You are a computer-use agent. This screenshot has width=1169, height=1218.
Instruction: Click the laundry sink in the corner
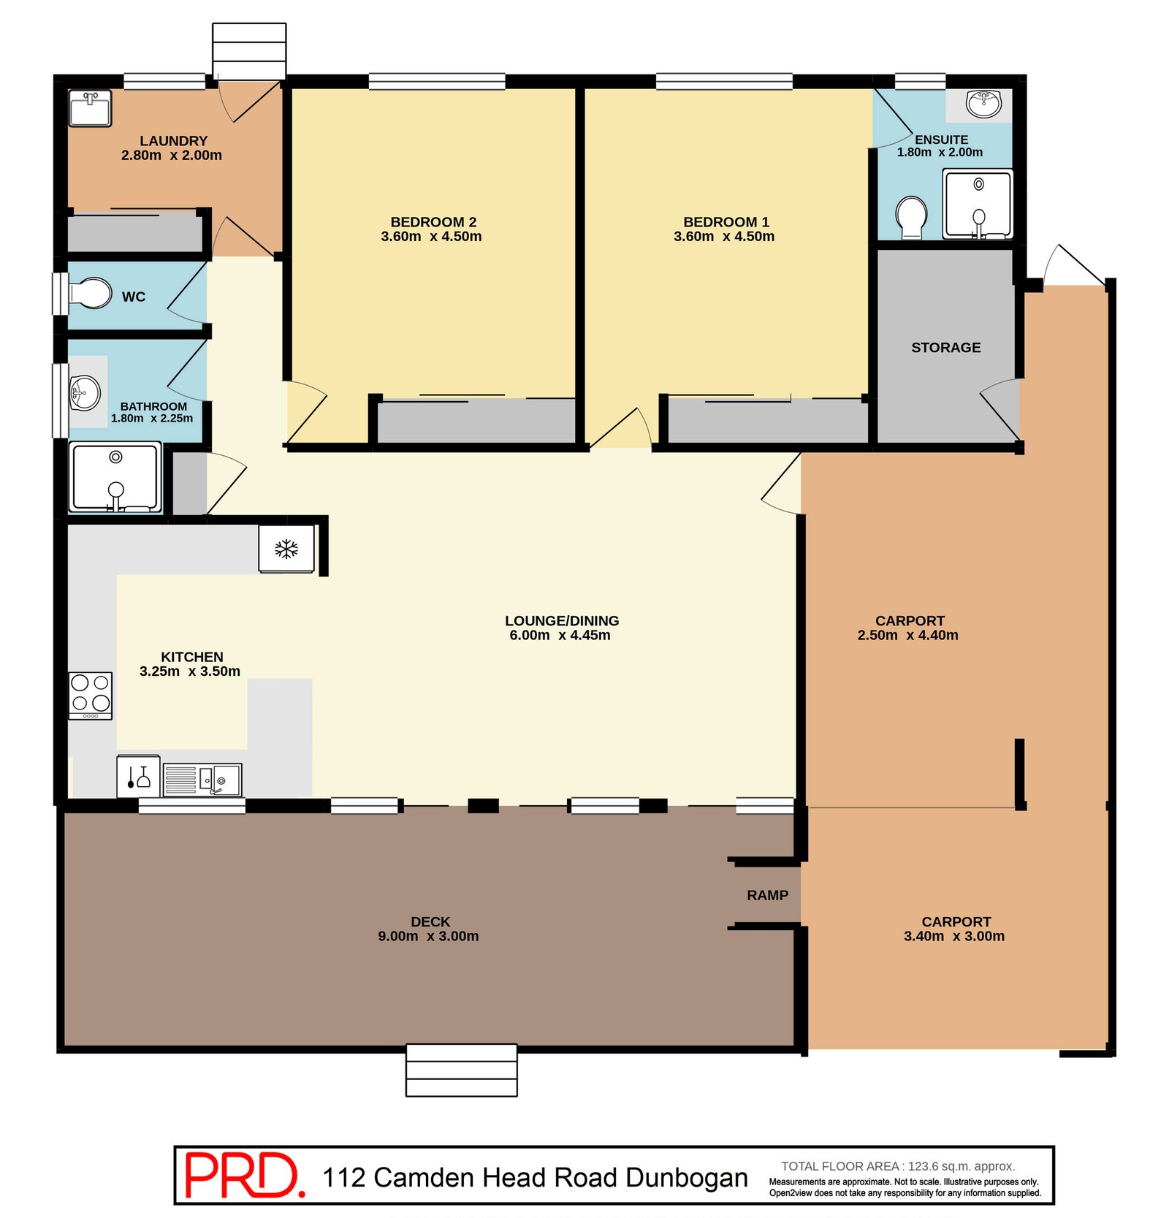[90, 108]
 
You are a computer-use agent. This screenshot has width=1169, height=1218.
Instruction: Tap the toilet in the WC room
[90, 293]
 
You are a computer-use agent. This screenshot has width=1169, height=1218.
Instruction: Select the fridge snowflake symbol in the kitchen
[286, 549]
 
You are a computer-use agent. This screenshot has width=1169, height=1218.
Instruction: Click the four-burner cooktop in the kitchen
[91, 696]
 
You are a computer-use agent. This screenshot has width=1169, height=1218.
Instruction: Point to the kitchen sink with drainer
[202, 780]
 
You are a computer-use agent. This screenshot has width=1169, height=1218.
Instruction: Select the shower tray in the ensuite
[978, 204]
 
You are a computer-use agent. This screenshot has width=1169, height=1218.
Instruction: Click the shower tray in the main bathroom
[115, 476]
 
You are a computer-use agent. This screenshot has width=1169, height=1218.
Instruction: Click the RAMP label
[767, 895]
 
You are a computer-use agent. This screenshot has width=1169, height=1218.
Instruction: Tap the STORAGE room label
[945, 348]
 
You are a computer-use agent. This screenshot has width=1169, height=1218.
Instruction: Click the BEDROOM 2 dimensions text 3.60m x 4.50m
[431, 236]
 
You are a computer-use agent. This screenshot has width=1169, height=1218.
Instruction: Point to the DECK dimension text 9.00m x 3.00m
[428, 936]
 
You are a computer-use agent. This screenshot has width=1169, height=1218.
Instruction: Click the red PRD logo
[244, 1175]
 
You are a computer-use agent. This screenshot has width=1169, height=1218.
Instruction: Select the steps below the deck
[461, 1070]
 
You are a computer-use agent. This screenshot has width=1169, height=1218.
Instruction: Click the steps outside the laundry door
[249, 51]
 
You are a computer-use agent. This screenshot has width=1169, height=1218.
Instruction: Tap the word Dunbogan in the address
[687, 1178]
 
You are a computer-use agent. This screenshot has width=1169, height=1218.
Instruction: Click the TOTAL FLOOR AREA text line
[898, 1166]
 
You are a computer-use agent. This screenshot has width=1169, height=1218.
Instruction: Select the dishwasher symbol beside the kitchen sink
[138, 777]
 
